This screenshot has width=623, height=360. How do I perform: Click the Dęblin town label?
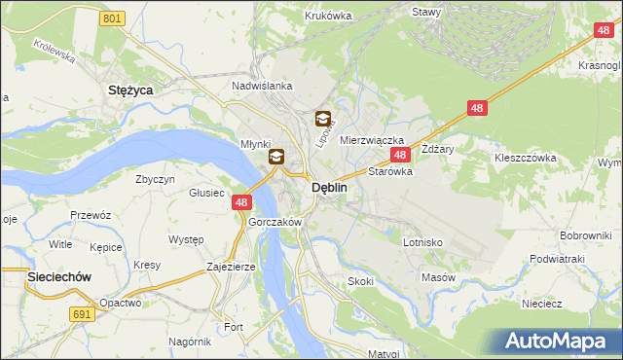click(x=329, y=190)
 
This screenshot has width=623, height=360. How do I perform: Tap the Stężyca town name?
click(x=132, y=89)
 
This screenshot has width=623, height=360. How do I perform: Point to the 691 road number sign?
click(x=83, y=313)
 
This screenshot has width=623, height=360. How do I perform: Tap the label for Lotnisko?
click(x=423, y=241)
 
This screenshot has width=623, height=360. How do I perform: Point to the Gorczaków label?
click(x=275, y=222)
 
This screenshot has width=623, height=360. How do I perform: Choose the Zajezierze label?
click(x=231, y=266)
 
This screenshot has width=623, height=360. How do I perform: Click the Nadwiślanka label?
click(x=262, y=86)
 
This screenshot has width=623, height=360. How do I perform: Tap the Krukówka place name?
click(x=327, y=16)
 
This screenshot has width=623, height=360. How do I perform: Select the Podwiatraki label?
click(x=557, y=259)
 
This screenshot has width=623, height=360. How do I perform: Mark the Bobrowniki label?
click(x=585, y=236)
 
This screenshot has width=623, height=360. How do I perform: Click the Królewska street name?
click(x=55, y=51)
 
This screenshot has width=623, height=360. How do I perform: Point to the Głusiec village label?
click(x=207, y=193)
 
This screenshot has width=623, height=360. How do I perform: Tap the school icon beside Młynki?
click(x=276, y=156)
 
